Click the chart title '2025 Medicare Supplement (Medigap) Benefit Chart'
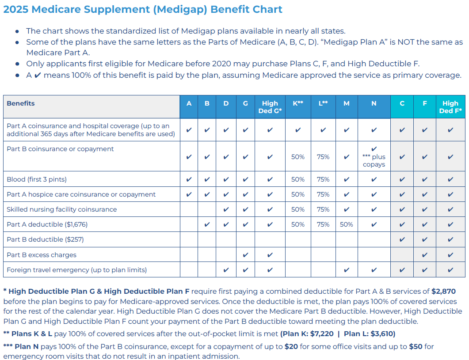[x=142, y=9]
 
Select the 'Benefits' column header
[x=21, y=103]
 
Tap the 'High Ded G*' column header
[x=270, y=107]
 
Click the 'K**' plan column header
[x=298, y=103]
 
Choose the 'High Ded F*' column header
[x=450, y=107]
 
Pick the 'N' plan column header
[x=374, y=103]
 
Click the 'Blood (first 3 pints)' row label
[x=37, y=179]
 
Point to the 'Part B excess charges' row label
[x=42, y=255]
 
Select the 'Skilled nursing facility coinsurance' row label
[x=62, y=209]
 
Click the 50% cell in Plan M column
[x=347, y=224]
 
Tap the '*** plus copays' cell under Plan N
[x=374, y=157]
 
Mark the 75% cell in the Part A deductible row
[x=323, y=224]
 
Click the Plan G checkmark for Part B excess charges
[x=246, y=255]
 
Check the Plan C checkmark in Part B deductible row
[x=402, y=240]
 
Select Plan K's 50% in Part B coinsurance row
[x=298, y=157]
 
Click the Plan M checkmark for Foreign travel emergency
[x=347, y=270]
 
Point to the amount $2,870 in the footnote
[x=443, y=292]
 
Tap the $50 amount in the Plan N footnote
[x=416, y=347]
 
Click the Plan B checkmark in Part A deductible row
[x=207, y=224]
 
